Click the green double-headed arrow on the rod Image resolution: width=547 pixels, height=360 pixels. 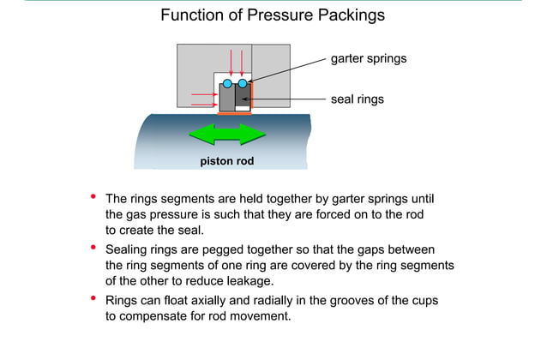228,135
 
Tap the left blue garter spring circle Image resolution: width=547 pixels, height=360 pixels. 228,83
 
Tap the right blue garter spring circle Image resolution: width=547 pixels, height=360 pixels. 243,83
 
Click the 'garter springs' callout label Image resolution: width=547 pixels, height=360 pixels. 368,59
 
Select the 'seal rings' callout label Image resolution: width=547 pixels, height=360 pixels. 357,99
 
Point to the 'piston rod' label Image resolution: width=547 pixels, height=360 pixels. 227,160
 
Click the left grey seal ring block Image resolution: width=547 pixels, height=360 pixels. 227,99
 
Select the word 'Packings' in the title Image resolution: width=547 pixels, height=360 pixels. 346,15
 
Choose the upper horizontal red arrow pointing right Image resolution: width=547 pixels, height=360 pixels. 204,93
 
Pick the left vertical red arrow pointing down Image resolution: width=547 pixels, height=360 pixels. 231,63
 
